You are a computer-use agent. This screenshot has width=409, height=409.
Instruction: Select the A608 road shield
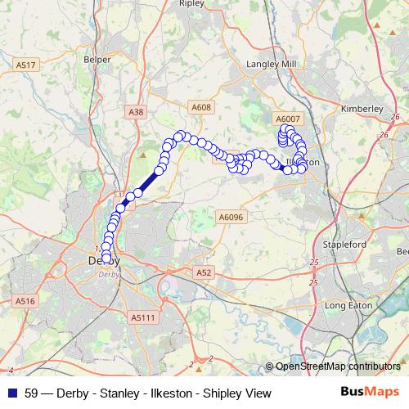tap(200, 106)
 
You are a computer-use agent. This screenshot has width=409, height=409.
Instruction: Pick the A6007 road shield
tap(289, 119)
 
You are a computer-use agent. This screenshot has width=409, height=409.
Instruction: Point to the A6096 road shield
tap(231, 217)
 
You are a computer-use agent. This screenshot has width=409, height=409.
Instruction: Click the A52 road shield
tap(204, 272)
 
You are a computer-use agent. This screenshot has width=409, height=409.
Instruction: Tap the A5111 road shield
tap(141, 317)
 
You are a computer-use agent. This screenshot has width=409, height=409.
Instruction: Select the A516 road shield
tap(25, 302)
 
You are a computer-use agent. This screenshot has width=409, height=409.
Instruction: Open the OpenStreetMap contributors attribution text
tap(338, 366)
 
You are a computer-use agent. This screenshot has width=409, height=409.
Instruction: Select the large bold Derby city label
tap(104, 261)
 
